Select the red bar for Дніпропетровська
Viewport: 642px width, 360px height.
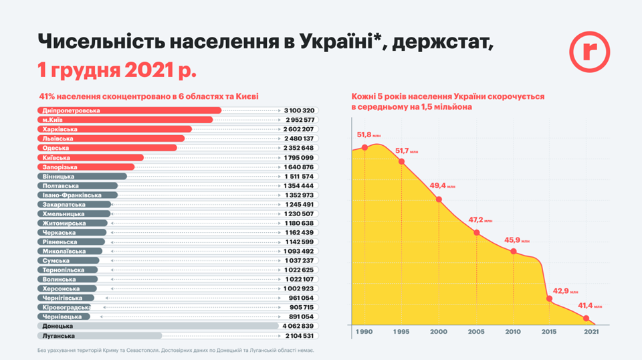pyautogui.click(x=128, y=110)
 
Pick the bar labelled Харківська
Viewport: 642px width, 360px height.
pyautogui.click(x=114, y=129)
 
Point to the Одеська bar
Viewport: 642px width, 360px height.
pyautogui.click(x=106, y=148)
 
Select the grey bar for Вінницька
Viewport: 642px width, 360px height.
pyautogui.click(x=81, y=176)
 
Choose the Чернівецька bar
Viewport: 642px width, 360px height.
pyautogui.click(x=63, y=317)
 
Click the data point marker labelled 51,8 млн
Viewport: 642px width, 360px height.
pyautogui.click(x=364, y=148)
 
